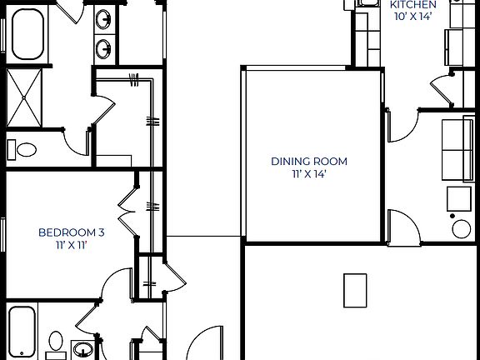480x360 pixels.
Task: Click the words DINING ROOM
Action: (308, 162)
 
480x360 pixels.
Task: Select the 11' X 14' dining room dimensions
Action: (308, 174)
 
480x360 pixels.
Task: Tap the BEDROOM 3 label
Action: (71, 232)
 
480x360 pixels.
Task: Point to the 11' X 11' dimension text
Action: (71, 246)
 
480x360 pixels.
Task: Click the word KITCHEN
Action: (413, 4)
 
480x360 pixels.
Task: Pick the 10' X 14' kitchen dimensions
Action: (413, 17)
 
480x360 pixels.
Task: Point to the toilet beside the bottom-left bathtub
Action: (56, 341)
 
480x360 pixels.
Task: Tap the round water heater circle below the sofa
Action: (461, 227)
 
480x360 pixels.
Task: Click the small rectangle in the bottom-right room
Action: (356, 289)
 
